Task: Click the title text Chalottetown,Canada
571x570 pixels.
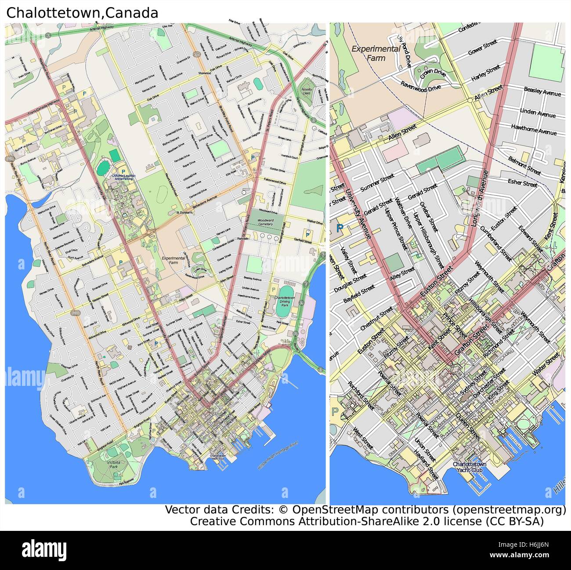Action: [82, 13]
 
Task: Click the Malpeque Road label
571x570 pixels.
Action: [40, 56]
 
